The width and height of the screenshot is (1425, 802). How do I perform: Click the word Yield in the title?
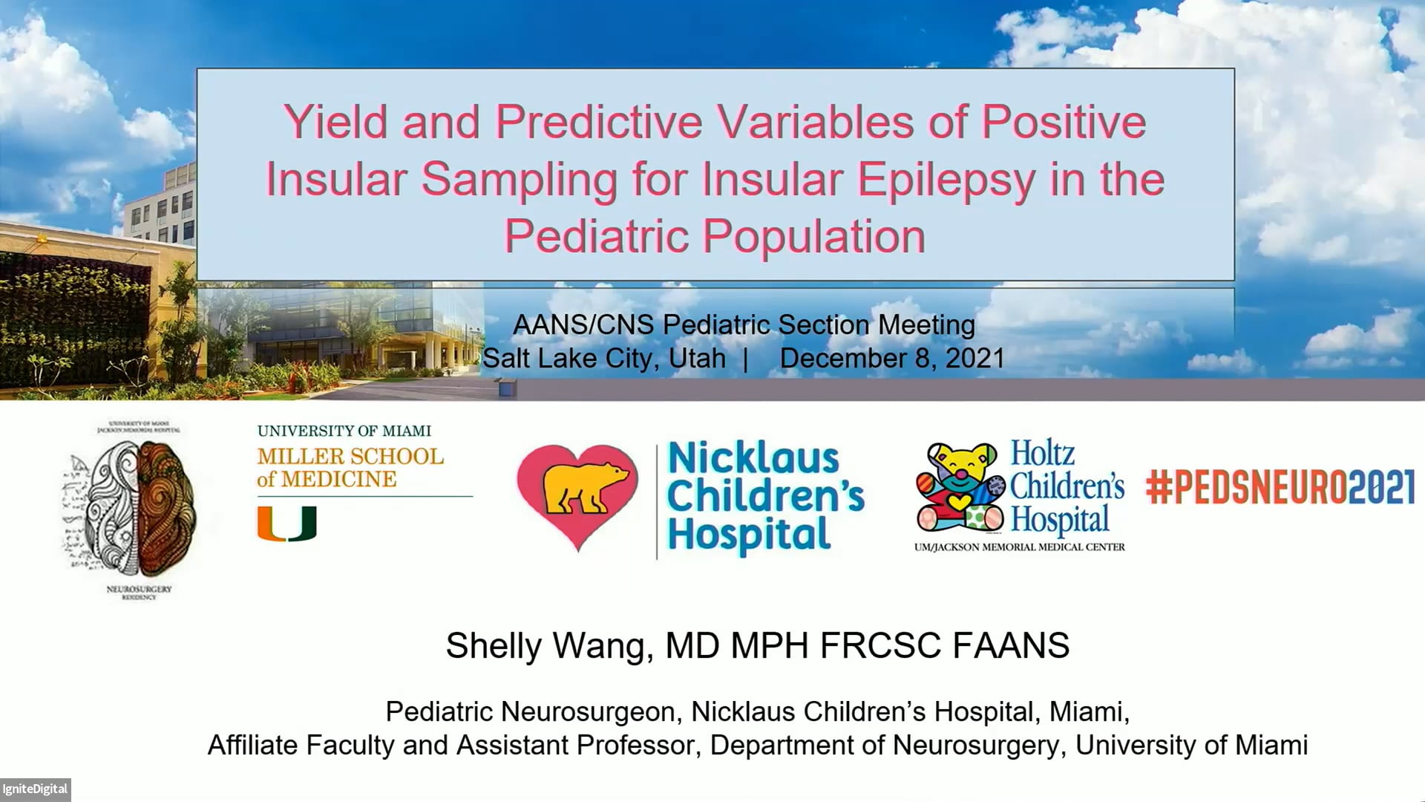click(335, 123)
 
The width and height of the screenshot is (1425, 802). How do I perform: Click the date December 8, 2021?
click(892, 359)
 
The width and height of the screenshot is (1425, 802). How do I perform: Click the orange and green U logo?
click(287, 524)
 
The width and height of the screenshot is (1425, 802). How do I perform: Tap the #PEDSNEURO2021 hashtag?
click(1280, 488)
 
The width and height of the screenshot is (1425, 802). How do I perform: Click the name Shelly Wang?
click(548, 645)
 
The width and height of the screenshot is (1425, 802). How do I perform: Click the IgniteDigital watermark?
click(35, 789)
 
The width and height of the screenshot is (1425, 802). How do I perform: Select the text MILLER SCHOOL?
click(350, 457)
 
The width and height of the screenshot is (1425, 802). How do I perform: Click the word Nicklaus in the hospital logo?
click(753, 458)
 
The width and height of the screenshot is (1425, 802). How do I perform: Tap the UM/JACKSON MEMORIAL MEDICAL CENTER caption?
click(1019, 547)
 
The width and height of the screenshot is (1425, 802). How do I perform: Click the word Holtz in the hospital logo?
click(1042, 453)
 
